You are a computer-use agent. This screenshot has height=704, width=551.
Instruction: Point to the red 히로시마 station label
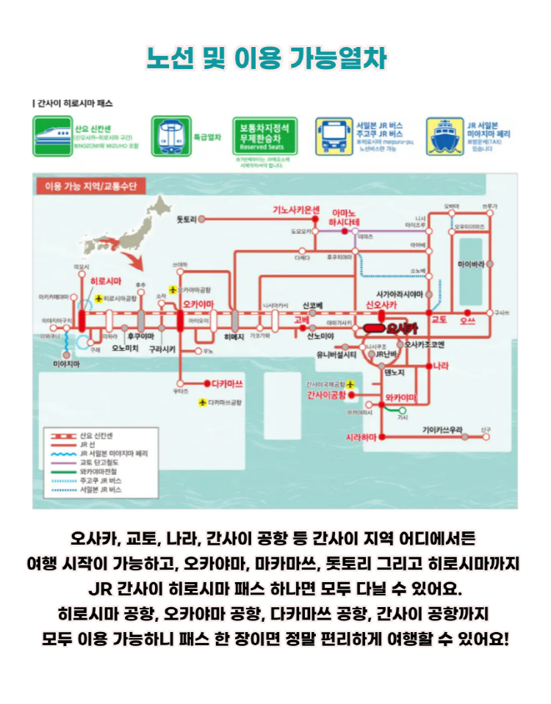click(x=105, y=281)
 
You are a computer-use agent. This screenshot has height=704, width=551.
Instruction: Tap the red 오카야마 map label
click(x=198, y=302)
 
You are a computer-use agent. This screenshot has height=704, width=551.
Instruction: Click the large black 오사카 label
click(x=401, y=328)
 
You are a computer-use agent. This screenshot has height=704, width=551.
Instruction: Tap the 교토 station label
click(x=439, y=321)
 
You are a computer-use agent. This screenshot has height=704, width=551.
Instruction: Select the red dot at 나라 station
click(x=431, y=365)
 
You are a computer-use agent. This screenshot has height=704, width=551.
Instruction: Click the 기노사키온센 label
click(x=297, y=209)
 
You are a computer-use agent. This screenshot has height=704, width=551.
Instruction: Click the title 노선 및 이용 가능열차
click(x=267, y=58)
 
